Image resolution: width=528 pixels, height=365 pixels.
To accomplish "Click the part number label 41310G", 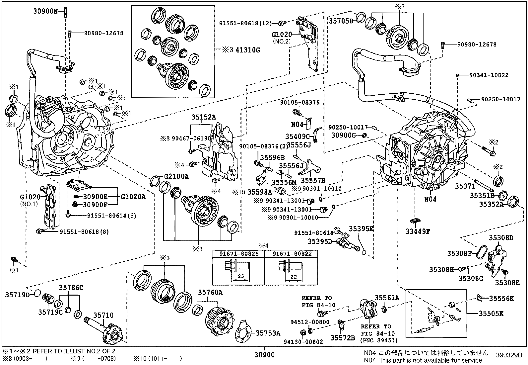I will [247, 50].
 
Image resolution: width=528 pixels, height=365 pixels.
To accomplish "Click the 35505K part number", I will [491, 313].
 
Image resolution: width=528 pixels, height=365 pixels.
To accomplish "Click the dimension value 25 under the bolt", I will [241, 276].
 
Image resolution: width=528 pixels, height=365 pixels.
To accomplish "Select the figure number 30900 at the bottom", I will [264, 355].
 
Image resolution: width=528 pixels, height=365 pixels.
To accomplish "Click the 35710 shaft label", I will [103, 316].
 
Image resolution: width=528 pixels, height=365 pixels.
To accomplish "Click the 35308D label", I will [501, 238].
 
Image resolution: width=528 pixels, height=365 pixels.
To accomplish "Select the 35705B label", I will [341, 21].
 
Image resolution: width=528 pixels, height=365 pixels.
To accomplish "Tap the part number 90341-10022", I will [489, 75].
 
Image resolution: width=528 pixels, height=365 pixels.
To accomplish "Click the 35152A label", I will [203, 117].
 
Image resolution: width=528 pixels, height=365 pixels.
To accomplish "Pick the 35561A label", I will [387, 298].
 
